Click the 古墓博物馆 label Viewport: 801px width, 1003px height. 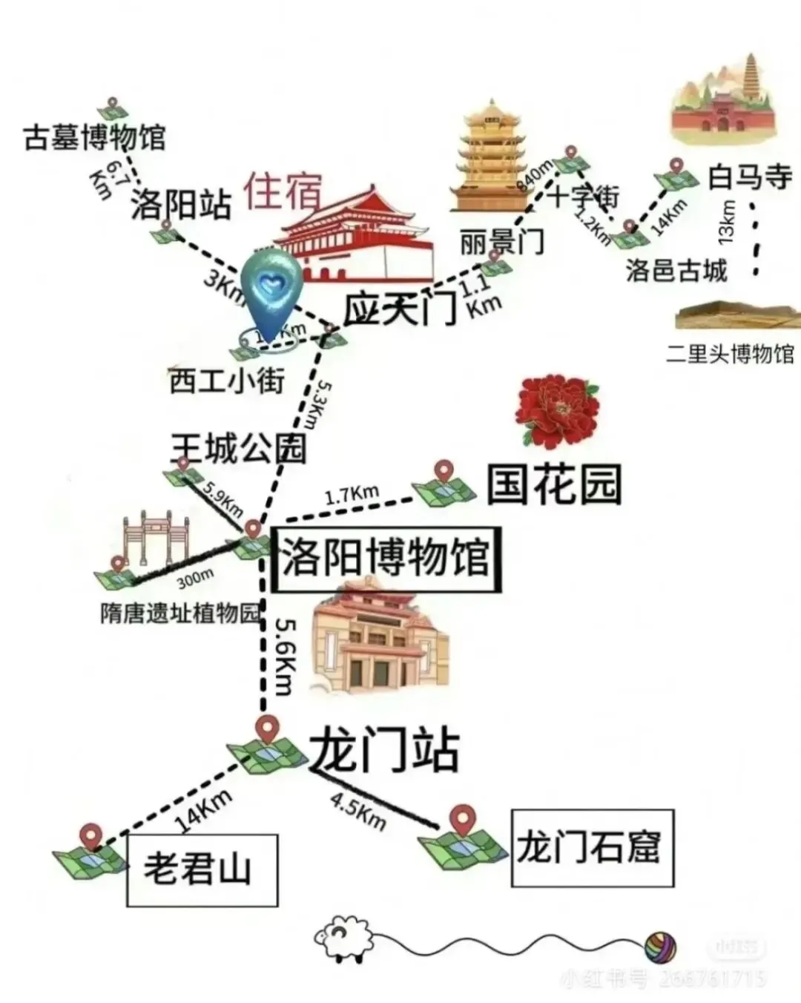[x=94, y=138]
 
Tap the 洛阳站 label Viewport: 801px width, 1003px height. [x=181, y=203]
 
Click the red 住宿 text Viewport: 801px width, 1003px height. [x=283, y=191]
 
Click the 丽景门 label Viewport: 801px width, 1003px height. [x=501, y=242]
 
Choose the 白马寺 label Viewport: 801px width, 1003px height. [x=749, y=177]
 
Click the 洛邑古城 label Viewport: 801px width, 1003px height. [x=676, y=270]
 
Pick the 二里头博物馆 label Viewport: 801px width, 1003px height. [x=730, y=353]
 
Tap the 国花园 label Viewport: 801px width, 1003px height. [x=553, y=484]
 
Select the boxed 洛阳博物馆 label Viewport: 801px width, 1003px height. [x=386, y=559]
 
